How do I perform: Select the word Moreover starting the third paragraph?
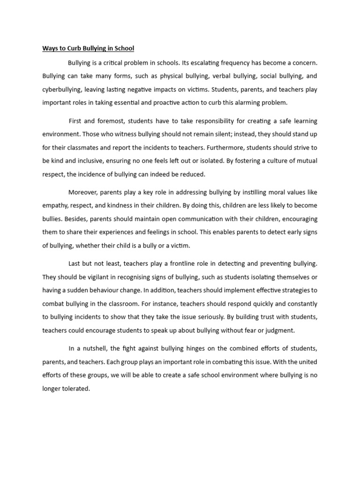(83, 192)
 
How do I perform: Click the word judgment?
(279, 330)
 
